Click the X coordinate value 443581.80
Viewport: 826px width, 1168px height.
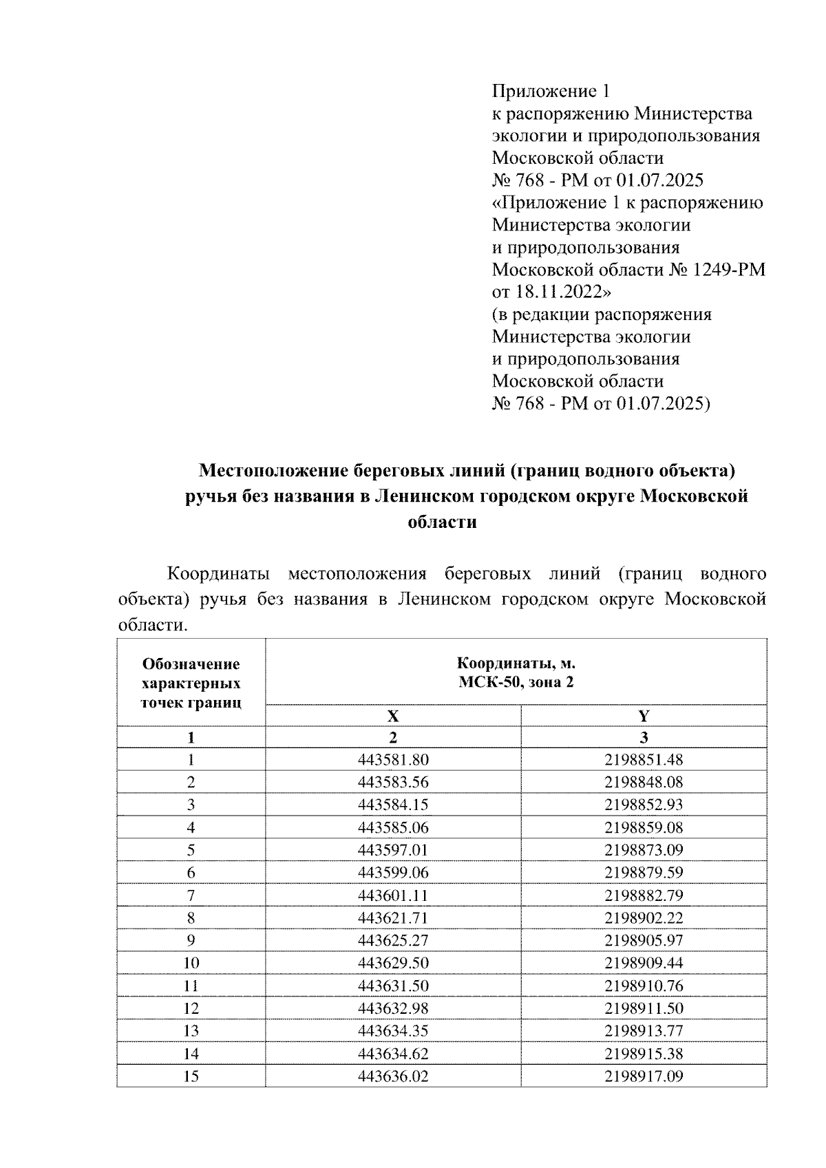[x=393, y=760]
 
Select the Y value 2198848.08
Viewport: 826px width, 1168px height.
[x=644, y=783]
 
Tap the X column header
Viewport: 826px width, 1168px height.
[x=393, y=716]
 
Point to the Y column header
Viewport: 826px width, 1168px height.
[x=644, y=716]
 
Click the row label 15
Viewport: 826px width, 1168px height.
[x=191, y=1076]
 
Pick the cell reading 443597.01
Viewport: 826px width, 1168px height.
[x=393, y=850]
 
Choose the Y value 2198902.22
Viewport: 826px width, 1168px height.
[x=644, y=917]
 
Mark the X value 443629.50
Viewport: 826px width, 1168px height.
[x=393, y=963]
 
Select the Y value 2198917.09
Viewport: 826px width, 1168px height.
[x=644, y=1076]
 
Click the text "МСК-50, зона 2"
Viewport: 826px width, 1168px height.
[x=516, y=682]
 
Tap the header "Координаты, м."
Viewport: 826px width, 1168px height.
[x=516, y=663]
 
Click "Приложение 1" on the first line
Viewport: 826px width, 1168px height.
[x=551, y=91]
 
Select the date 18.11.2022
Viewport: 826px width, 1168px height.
[x=558, y=292]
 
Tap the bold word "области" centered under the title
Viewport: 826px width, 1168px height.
[x=442, y=522]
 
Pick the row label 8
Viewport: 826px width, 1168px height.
[x=191, y=917]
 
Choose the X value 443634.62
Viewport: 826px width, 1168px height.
[x=393, y=1053]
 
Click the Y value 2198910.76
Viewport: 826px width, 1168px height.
[x=644, y=986]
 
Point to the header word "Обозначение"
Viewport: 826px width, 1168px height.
[x=191, y=664]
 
